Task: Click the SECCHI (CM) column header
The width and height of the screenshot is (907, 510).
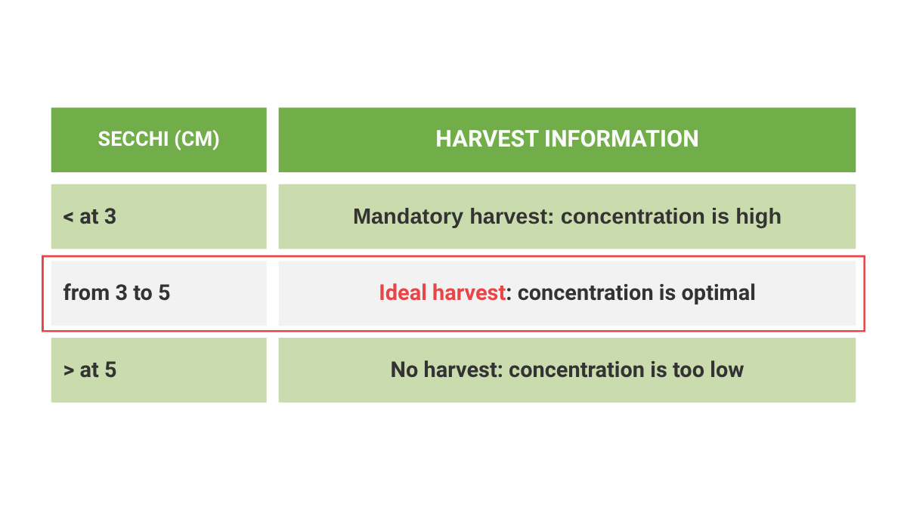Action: pos(159,140)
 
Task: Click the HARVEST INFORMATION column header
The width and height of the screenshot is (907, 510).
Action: pos(567,140)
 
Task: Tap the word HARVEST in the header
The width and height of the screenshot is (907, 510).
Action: pos(487,139)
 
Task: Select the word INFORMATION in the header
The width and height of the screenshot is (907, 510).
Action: pos(621,139)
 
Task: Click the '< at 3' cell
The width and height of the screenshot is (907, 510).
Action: pos(159,217)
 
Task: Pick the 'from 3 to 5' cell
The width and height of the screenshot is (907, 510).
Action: pos(159,293)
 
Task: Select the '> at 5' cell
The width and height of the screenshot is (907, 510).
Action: pos(159,370)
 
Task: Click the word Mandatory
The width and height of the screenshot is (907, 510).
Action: pos(407,217)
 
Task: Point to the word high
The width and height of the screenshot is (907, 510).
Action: pos(758,217)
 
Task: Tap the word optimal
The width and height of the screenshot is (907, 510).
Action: pos(718,293)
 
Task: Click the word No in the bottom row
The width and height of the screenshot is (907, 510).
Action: pos(404,369)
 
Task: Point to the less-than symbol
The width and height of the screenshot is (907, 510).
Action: pos(68,217)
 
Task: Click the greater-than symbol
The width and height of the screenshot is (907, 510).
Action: pos(69,370)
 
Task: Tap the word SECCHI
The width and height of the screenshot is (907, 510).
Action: pos(133,139)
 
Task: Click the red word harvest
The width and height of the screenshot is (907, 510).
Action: pos(469,292)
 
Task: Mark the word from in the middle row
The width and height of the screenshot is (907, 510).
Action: pos(86,292)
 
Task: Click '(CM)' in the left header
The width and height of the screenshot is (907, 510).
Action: pos(197,140)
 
